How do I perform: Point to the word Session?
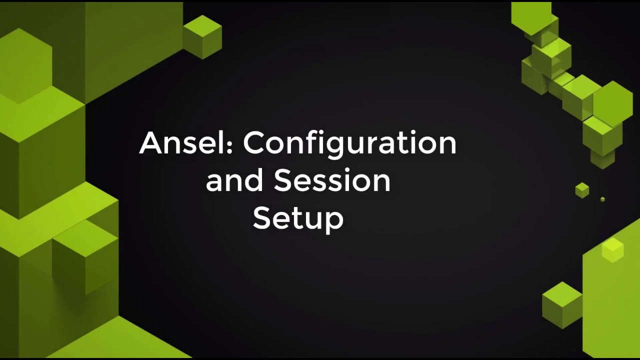point(332,180)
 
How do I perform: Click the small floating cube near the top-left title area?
point(202,36)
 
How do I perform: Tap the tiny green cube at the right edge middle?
point(582,190)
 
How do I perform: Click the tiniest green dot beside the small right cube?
point(602,199)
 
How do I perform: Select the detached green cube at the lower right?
point(562,304)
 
